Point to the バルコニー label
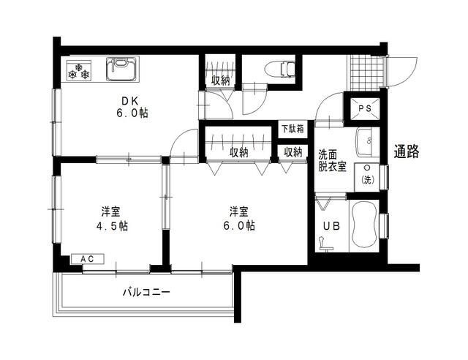coord(146,293)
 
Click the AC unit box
coord(87,259)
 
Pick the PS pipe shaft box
coord(364,110)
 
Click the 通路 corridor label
coord(407,151)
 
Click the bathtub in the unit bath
coord(363,226)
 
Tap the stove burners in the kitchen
coord(78,73)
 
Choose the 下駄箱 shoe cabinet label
coord(293,129)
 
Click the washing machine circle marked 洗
coord(366,178)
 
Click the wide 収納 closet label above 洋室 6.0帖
coord(239,152)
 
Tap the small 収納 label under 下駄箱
coord(293,152)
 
